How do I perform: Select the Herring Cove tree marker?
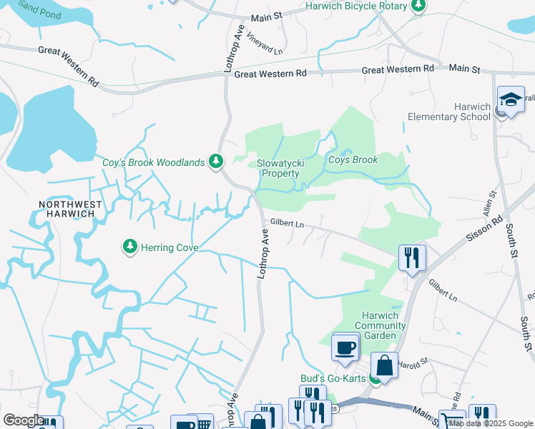click(129, 247)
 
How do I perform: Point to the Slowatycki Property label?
click(280, 168)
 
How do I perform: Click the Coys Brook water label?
click(353, 159)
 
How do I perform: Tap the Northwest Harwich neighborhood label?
click(71, 209)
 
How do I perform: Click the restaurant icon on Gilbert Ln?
click(412, 257)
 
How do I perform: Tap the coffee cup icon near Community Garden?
click(346, 348)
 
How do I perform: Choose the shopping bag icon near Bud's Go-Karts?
click(384, 365)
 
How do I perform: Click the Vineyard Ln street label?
click(264, 42)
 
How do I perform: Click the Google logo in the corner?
click(23, 420)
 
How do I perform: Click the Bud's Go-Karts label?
click(333, 378)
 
